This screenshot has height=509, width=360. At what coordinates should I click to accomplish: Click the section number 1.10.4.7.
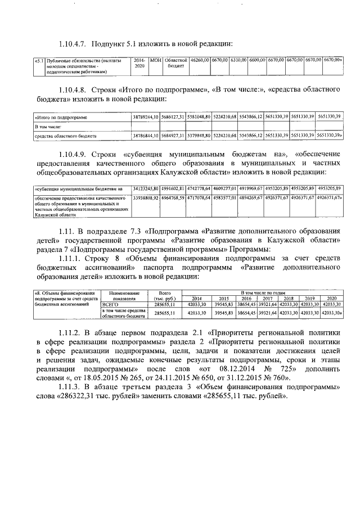tap(73, 44)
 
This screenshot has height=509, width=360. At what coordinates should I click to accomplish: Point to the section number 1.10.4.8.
tap(73, 89)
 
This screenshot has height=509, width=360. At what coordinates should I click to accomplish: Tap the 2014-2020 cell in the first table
tap(140, 62)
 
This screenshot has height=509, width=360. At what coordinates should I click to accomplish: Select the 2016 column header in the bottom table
tap(245, 298)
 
